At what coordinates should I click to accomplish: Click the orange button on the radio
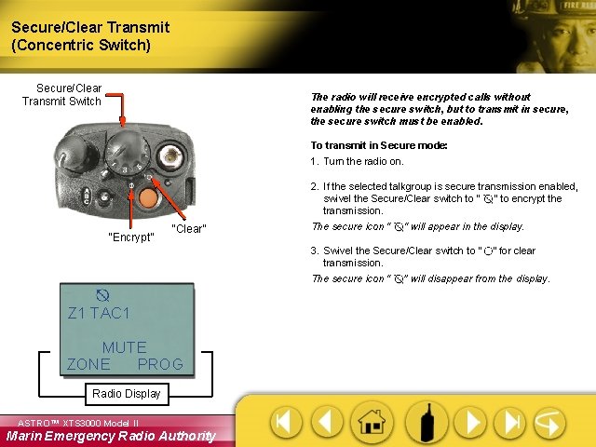pyautogui.click(x=150, y=197)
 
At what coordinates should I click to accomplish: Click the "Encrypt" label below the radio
pyautogui.click(x=130, y=237)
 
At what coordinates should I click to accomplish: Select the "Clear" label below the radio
pyautogui.click(x=189, y=229)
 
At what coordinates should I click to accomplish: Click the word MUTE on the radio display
pyautogui.click(x=124, y=347)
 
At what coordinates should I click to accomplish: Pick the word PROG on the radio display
pyautogui.click(x=160, y=364)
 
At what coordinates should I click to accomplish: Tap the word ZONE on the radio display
pyautogui.click(x=88, y=364)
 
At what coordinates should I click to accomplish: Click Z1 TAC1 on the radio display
pyautogui.click(x=99, y=313)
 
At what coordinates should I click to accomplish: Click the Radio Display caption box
pyautogui.click(x=126, y=394)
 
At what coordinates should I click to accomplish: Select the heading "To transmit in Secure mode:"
pyautogui.click(x=378, y=146)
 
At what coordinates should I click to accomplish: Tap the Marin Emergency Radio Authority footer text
pyautogui.click(x=110, y=436)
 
